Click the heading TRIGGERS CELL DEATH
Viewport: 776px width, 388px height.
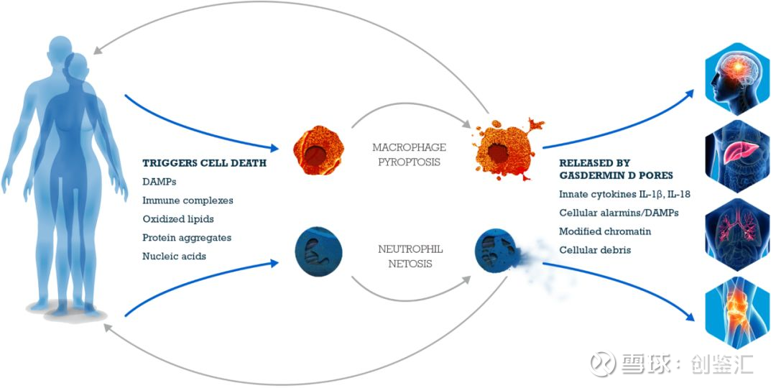(204, 163)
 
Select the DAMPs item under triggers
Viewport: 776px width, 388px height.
(158, 182)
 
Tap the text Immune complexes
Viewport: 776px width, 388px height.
(188, 200)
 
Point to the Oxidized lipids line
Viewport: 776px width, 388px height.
(178, 218)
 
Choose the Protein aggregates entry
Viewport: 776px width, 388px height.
(187, 237)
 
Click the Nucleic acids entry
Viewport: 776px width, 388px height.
(175, 256)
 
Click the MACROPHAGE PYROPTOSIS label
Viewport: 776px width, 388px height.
(409, 154)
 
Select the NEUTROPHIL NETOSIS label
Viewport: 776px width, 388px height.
(410, 256)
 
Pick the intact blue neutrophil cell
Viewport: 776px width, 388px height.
(318, 251)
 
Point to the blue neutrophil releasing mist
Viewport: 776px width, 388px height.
(496, 251)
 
